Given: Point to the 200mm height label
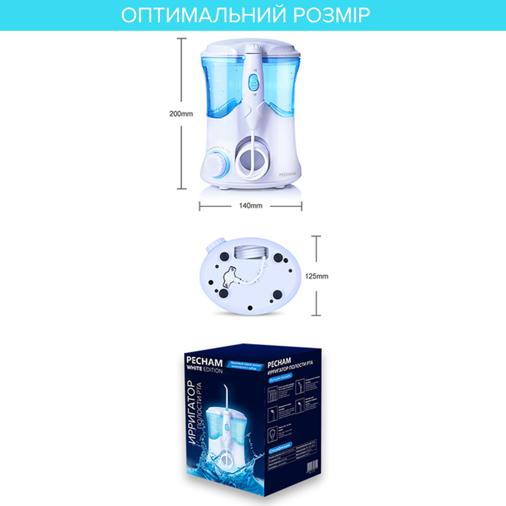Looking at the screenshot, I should (181, 114).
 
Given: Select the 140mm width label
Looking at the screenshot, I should (250, 206).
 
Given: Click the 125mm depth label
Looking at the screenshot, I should (318, 276).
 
